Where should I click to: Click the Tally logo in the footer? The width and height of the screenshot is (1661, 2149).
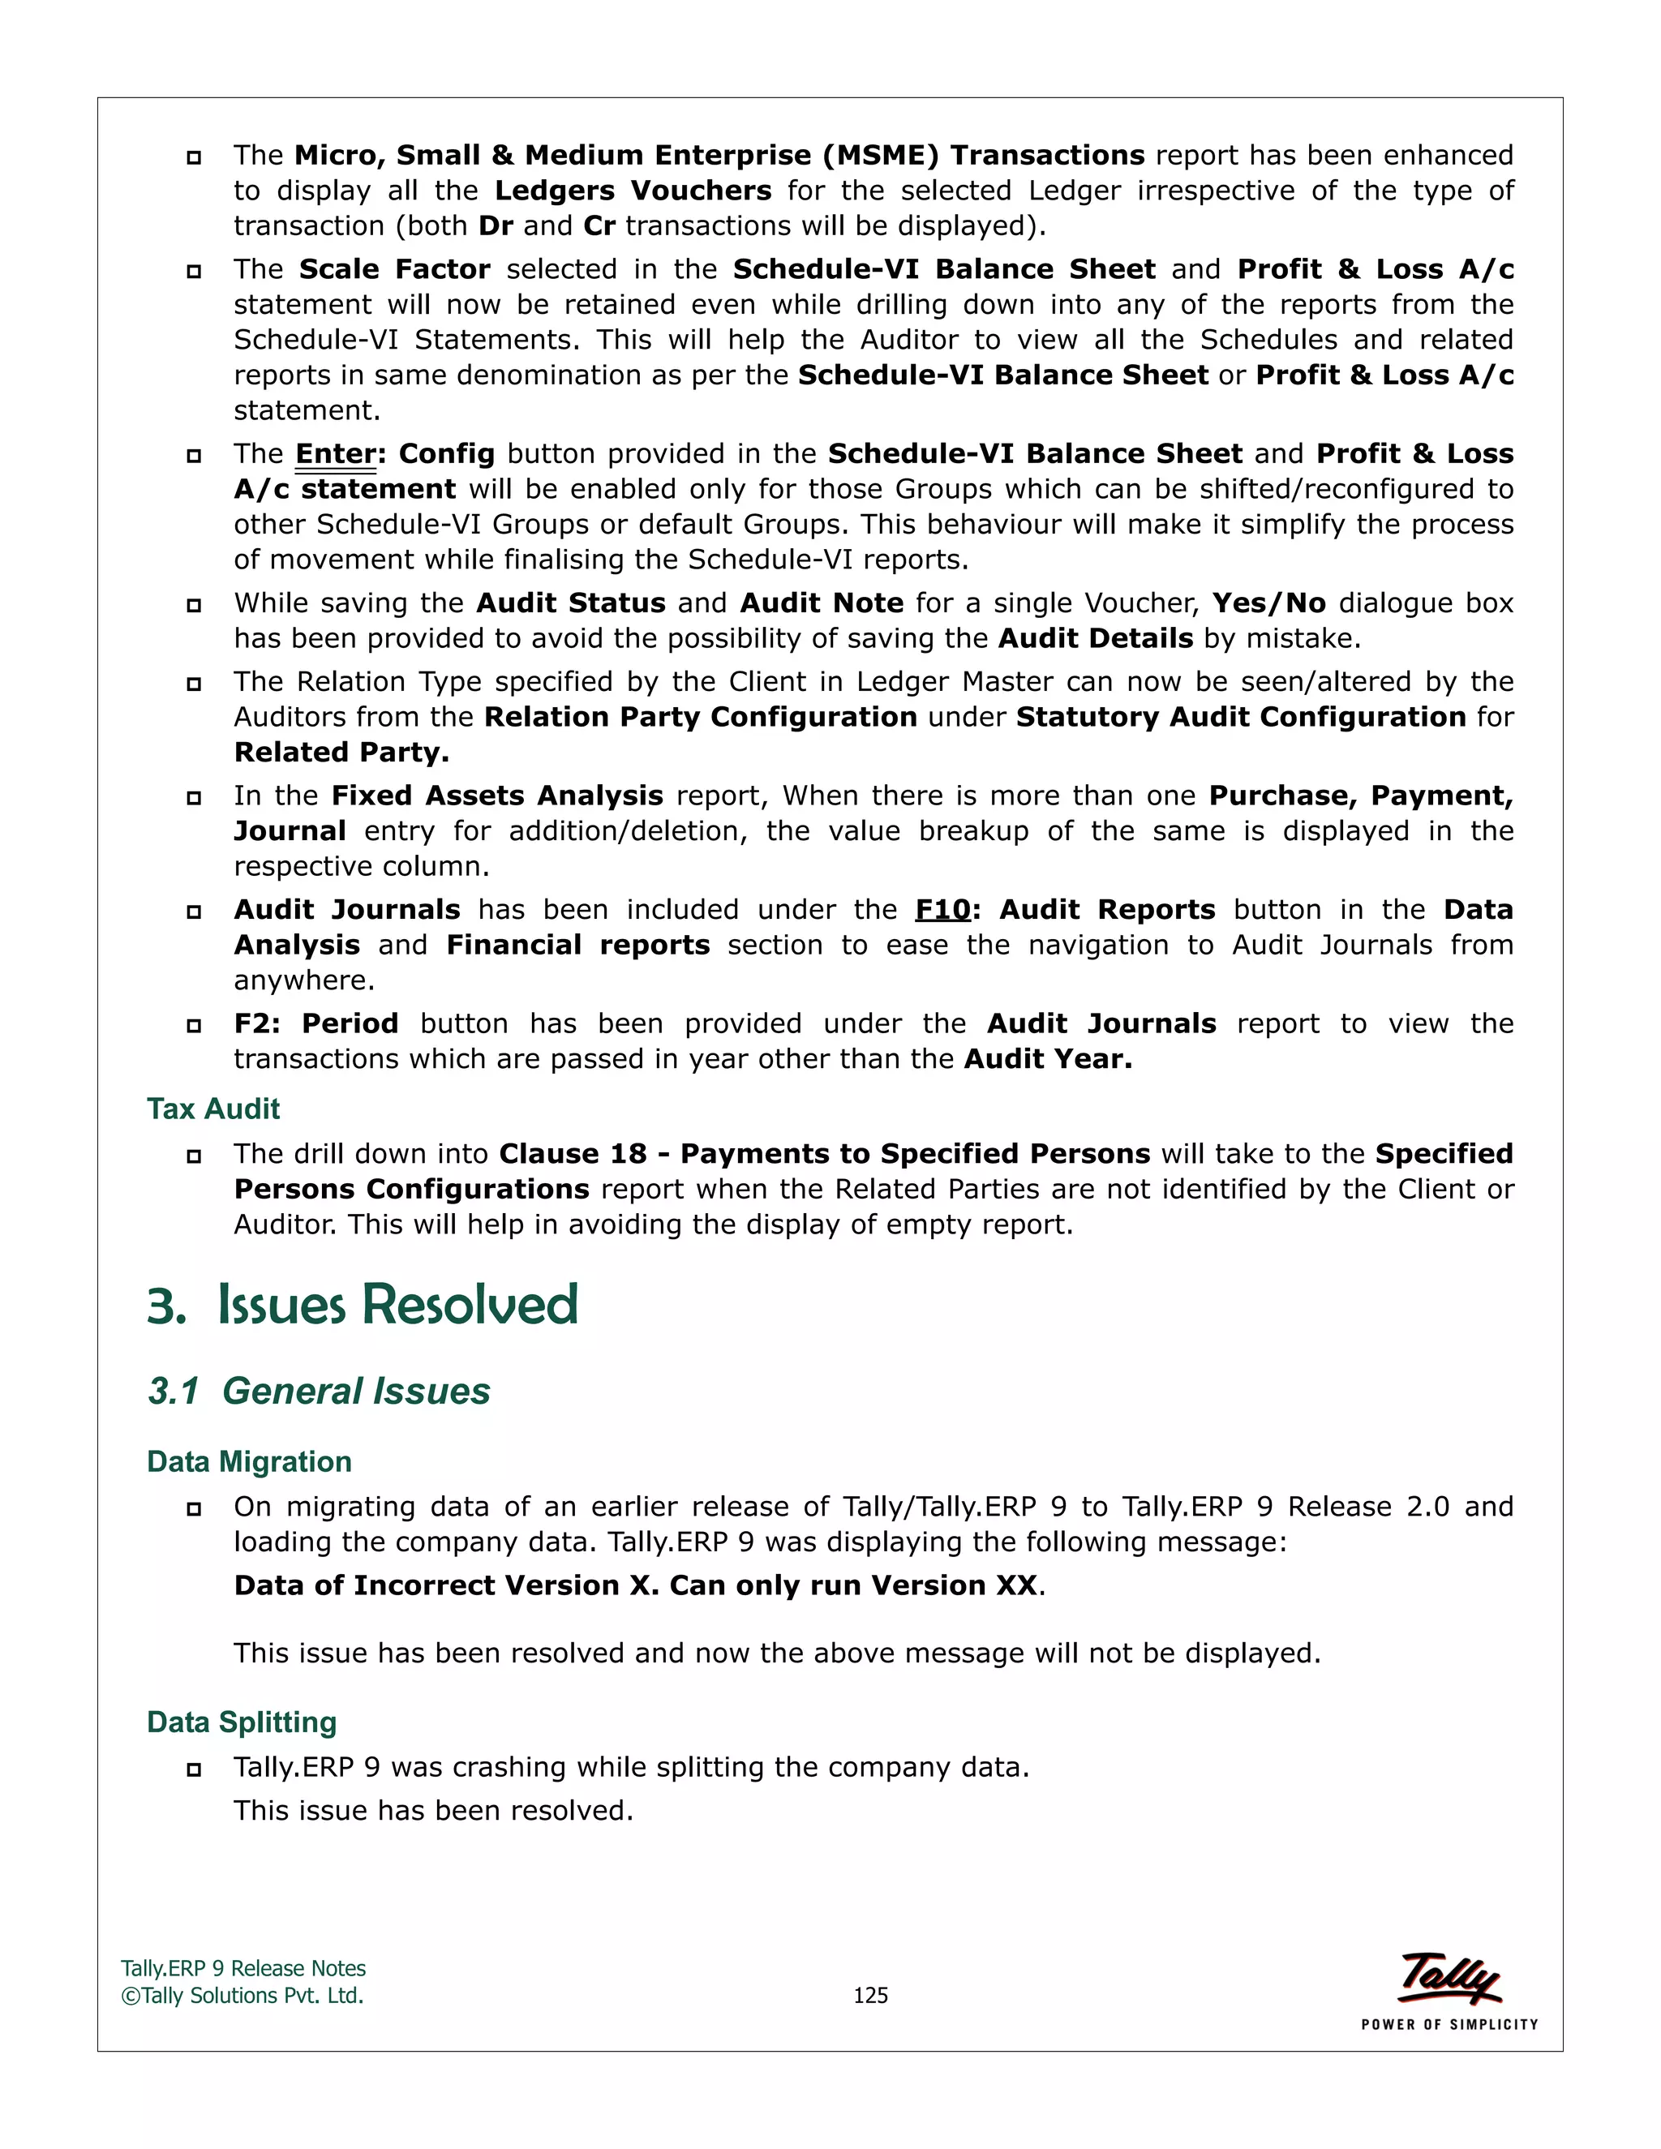1449,1978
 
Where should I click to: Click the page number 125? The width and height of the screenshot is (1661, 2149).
870,1996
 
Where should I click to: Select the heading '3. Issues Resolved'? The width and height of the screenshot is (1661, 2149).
362,1305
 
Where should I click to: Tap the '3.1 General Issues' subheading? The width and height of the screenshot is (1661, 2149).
319,1392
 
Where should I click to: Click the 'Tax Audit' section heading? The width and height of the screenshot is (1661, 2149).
213,1109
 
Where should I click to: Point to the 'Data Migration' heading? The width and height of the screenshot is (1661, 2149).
249,1461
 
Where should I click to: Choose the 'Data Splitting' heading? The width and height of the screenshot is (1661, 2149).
242,1722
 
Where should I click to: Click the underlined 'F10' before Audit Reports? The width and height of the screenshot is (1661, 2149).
942,909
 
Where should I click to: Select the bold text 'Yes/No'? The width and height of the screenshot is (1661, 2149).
1268,603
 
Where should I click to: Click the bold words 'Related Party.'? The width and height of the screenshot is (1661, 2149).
341,752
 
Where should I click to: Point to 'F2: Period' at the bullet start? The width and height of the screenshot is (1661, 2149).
315,1023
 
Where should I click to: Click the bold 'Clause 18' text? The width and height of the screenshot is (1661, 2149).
573,1153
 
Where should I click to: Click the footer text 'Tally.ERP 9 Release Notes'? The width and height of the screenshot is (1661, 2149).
243,1968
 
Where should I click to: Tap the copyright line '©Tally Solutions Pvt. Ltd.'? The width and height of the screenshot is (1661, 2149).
242,1996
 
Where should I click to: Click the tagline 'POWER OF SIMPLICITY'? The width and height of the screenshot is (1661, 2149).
1449,2024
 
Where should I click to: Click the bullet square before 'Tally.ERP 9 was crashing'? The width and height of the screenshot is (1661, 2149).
194,1769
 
